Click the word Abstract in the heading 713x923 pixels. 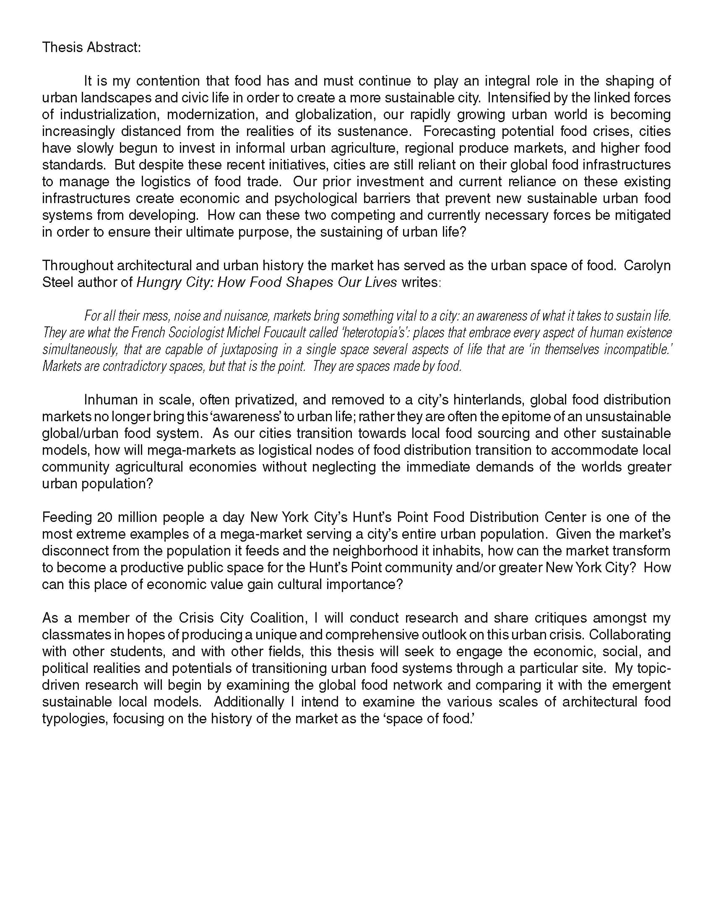pyautogui.click(x=114, y=47)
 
